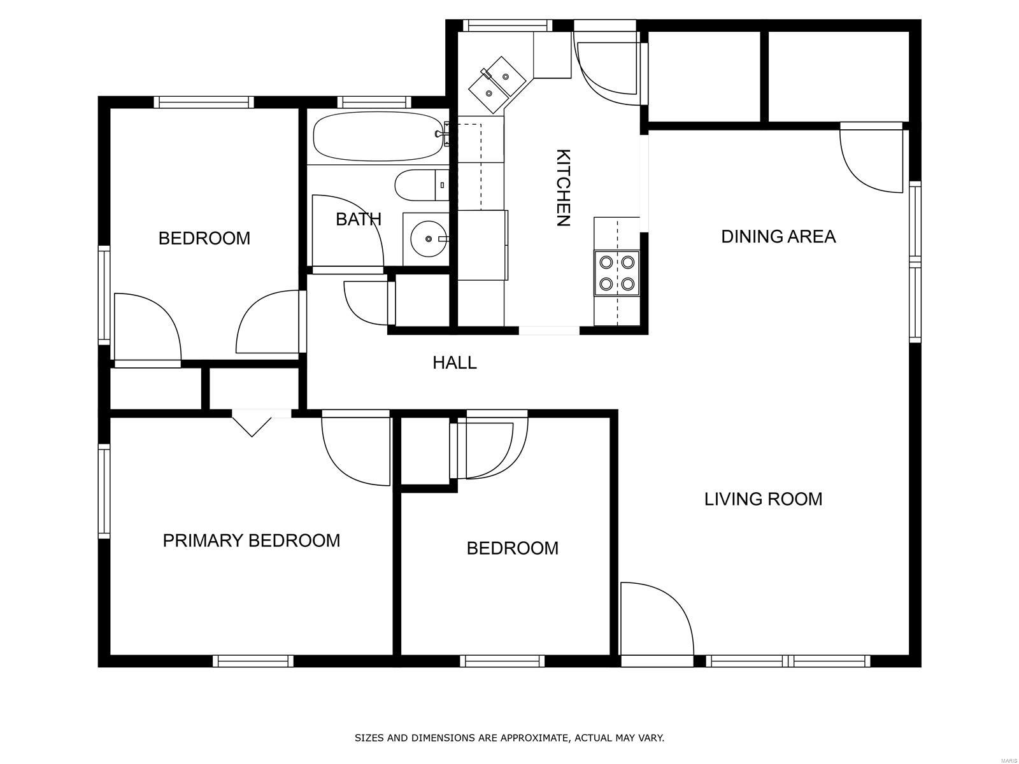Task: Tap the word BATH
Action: (x=359, y=219)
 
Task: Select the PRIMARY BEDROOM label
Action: (x=252, y=541)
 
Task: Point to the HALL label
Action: (x=455, y=363)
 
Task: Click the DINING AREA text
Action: (x=778, y=237)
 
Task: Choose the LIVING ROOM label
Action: (x=763, y=499)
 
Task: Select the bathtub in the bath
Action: (x=378, y=136)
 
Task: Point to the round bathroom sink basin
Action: (x=429, y=239)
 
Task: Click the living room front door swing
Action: (x=656, y=621)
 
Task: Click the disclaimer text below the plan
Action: (x=509, y=738)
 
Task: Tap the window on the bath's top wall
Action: (x=374, y=102)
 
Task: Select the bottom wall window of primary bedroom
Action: (x=253, y=661)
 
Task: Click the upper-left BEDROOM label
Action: (x=204, y=238)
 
